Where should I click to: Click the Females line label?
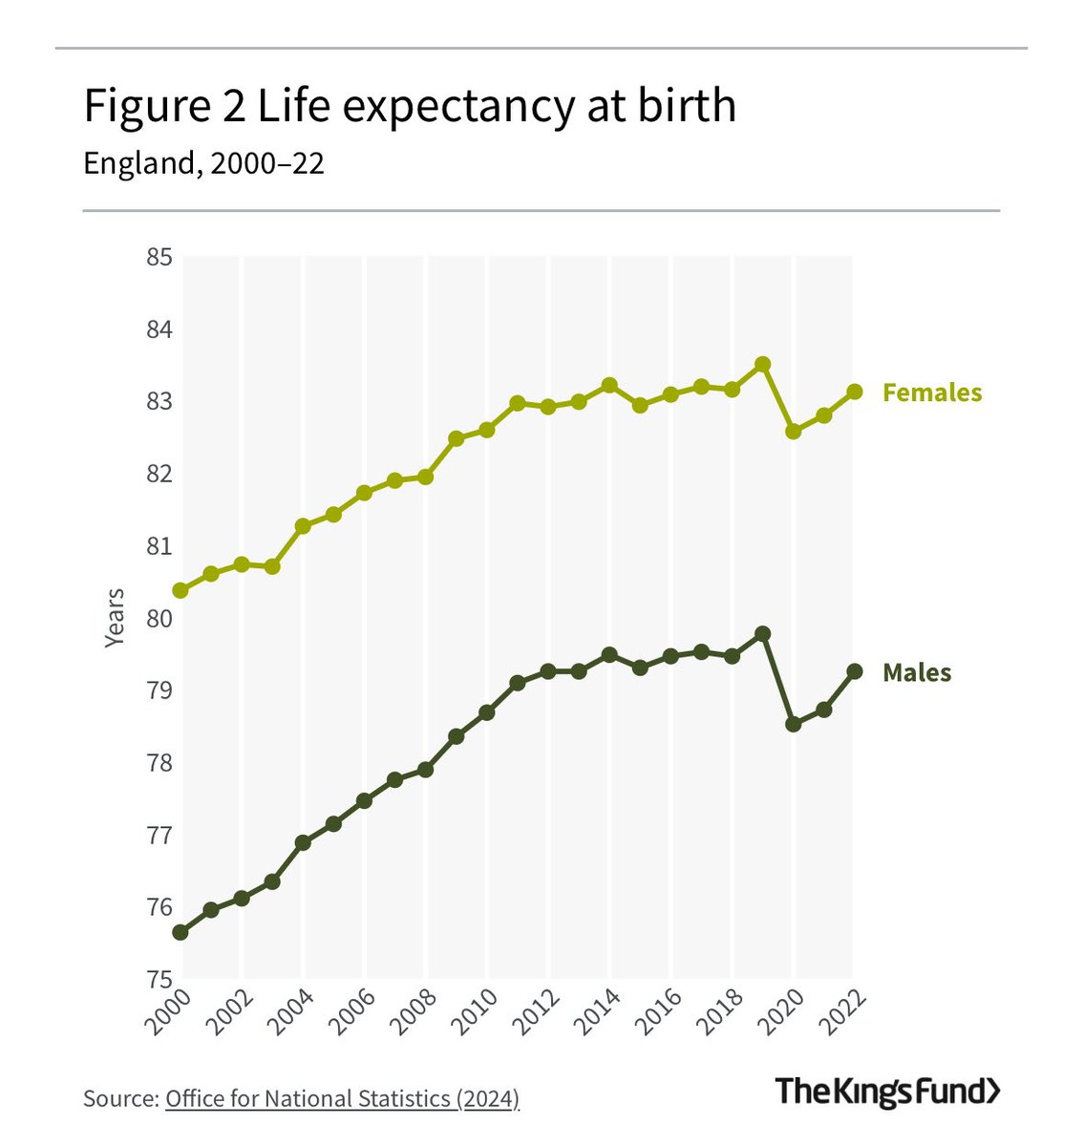tap(931, 393)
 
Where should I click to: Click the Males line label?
tap(917, 672)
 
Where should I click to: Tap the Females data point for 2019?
tap(762, 365)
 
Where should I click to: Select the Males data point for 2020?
tap(793, 724)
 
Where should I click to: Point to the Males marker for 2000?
tap(180, 932)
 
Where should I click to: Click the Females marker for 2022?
tap(855, 392)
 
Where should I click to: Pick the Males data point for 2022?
tap(855, 671)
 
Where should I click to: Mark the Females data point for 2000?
tap(180, 590)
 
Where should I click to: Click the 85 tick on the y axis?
tap(159, 257)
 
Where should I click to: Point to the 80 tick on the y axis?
tap(159, 618)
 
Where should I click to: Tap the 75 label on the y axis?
tap(159, 979)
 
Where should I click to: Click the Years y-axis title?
tap(115, 618)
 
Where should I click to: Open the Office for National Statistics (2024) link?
tap(342, 1098)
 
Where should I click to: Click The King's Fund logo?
tap(887, 1091)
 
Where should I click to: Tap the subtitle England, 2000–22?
tap(203, 163)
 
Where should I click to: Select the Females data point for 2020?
tap(793, 432)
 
